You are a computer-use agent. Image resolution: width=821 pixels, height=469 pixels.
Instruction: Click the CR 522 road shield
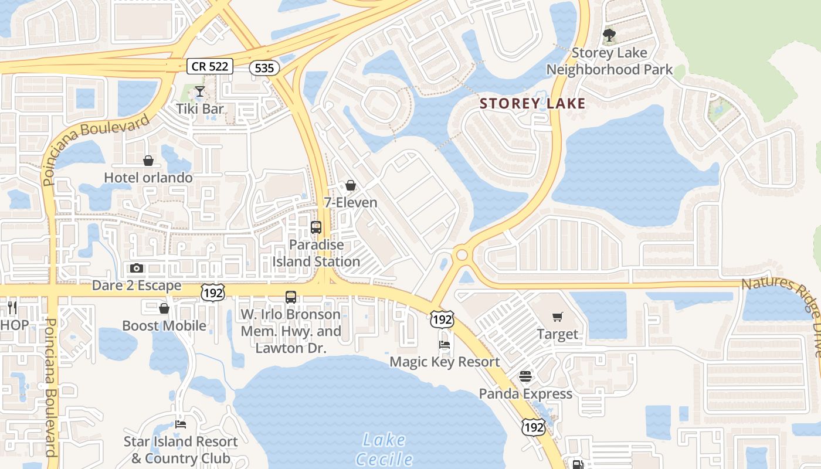tap(210, 66)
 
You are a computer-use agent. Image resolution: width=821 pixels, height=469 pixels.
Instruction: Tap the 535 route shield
tap(264, 68)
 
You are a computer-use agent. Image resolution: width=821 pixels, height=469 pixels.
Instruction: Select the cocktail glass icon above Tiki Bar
tap(200, 91)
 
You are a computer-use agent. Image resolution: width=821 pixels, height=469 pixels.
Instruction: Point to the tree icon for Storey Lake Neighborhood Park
tap(609, 35)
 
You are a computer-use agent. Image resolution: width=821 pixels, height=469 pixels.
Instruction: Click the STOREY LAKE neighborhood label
tap(532, 104)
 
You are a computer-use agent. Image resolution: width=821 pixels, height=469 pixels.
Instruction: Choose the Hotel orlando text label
tap(148, 177)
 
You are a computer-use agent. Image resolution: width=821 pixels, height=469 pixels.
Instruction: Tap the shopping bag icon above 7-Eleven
tap(351, 185)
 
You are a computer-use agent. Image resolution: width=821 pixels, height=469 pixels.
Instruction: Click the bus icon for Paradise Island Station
tap(316, 227)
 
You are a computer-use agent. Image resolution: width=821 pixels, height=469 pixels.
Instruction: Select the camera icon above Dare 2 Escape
tap(137, 269)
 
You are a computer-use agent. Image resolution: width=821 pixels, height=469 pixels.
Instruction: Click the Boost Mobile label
tap(164, 325)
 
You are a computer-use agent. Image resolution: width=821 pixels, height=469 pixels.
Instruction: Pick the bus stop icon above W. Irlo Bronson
tap(291, 297)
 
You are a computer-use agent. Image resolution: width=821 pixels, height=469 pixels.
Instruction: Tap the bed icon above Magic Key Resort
tap(445, 345)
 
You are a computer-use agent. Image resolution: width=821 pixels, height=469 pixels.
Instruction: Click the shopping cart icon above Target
tap(558, 317)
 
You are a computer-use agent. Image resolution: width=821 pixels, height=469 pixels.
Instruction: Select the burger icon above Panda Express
tap(525, 376)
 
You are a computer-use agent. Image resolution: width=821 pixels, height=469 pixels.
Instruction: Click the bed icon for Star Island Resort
tap(181, 424)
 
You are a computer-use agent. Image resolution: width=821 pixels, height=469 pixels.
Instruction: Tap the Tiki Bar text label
tap(201, 109)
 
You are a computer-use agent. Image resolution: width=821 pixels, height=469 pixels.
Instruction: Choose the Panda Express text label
tap(525, 393)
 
